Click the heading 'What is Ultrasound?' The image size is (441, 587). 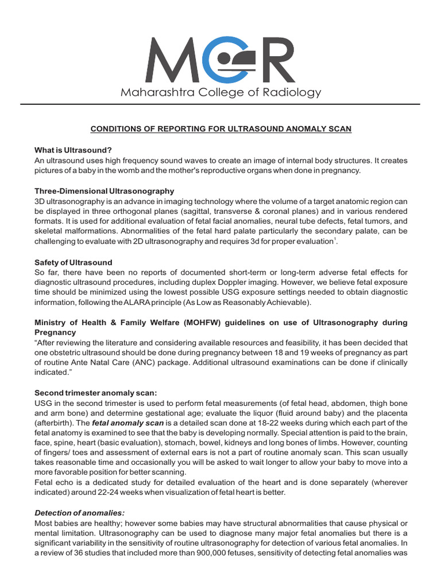(73, 150)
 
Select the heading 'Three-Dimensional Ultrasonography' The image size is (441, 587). (105, 191)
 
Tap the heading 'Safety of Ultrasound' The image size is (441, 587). (73, 263)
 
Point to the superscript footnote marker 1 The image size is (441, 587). (334, 238)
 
